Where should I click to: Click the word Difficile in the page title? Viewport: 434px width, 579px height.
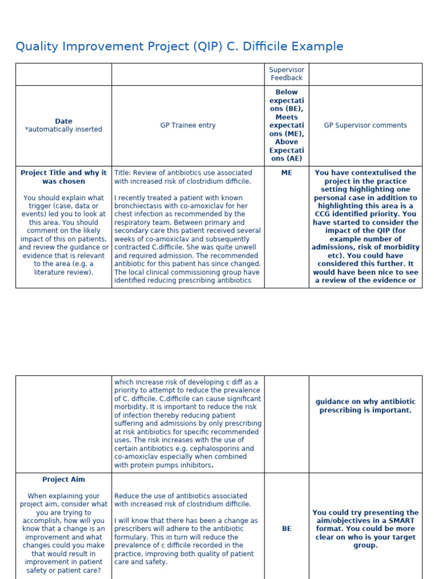click(x=267, y=46)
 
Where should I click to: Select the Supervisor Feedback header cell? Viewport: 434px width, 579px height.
click(x=287, y=74)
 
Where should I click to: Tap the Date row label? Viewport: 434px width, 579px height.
click(x=63, y=121)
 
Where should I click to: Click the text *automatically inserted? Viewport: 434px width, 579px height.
click(x=63, y=129)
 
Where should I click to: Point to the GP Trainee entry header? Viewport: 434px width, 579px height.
click(x=188, y=126)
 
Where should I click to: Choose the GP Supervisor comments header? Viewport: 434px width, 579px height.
click(x=365, y=126)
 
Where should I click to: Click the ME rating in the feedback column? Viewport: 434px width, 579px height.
click(x=287, y=173)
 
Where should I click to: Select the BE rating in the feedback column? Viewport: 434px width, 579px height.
click(x=287, y=529)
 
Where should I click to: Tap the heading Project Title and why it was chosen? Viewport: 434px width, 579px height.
click(x=63, y=177)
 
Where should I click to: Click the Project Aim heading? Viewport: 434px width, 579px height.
click(x=63, y=479)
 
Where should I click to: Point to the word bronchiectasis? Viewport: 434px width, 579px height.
click(x=140, y=206)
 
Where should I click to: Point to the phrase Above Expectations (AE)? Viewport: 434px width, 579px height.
click(x=287, y=150)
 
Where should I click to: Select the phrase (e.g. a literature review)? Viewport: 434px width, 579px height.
click(x=63, y=268)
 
